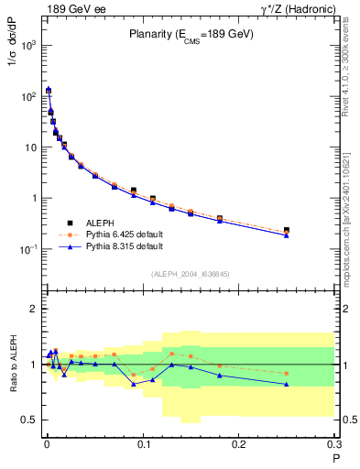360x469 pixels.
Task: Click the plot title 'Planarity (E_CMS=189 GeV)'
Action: point(190,34)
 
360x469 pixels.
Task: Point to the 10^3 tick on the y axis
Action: point(27,45)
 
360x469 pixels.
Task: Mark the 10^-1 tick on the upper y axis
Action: point(27,249)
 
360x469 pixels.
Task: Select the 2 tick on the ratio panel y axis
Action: point(33,309)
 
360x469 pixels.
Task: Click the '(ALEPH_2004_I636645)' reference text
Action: point(190,274)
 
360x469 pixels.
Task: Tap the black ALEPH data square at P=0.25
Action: point(287,230)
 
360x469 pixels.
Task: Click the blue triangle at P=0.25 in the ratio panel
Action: point(287,384)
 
